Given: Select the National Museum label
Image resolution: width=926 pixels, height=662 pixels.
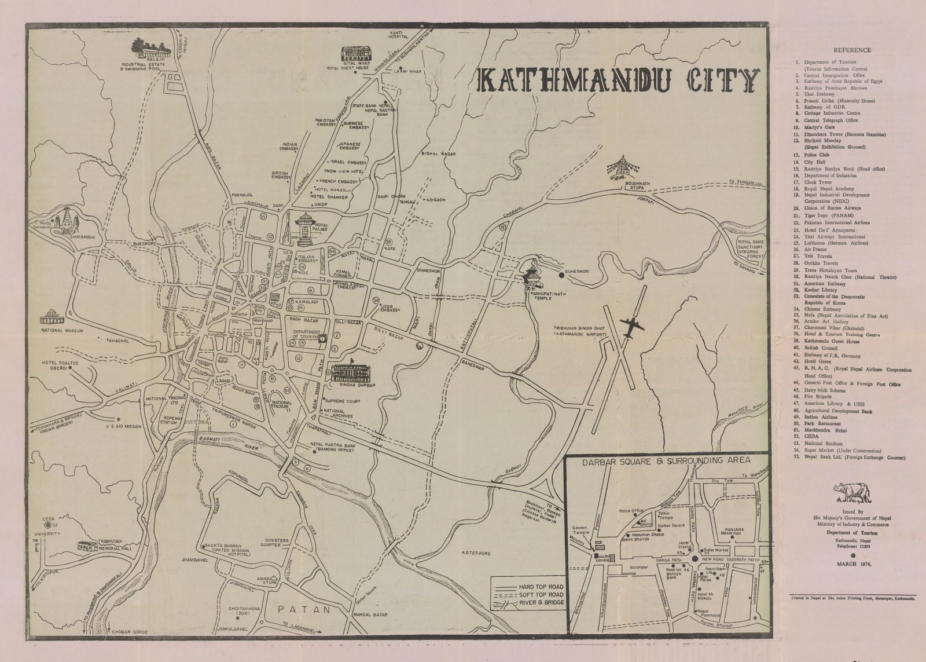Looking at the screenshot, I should pos(63,331).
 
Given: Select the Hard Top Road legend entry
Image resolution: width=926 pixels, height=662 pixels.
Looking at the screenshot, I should pos(541,587).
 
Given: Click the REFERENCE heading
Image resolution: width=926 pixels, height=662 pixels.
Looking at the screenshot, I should pos(852,50).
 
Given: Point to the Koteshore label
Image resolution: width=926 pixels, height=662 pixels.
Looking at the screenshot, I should pos(476,554).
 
